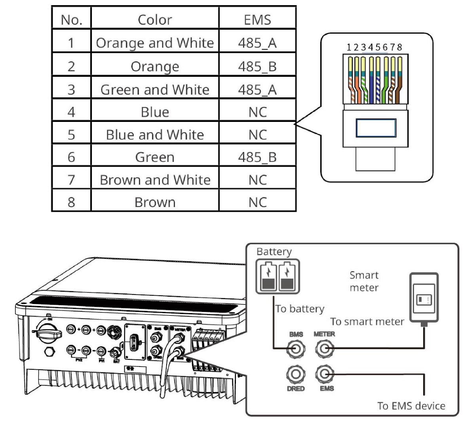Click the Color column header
(155, 20)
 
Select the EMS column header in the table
(257, 20)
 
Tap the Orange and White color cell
(155, 43)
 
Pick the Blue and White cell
(155, 135)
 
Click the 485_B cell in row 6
(257, 157)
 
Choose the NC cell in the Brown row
(257, 202)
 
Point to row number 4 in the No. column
(71, 112)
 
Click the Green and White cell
(155, 89)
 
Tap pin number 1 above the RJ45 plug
(349, 47)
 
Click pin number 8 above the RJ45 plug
(400, 47)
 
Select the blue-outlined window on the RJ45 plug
(376, 128)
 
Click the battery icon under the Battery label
(277, 276)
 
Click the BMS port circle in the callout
(296, 349)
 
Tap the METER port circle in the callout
(325, 349)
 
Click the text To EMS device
(411, 406)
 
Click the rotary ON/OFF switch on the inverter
(48, 333)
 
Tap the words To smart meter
(367, 322)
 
